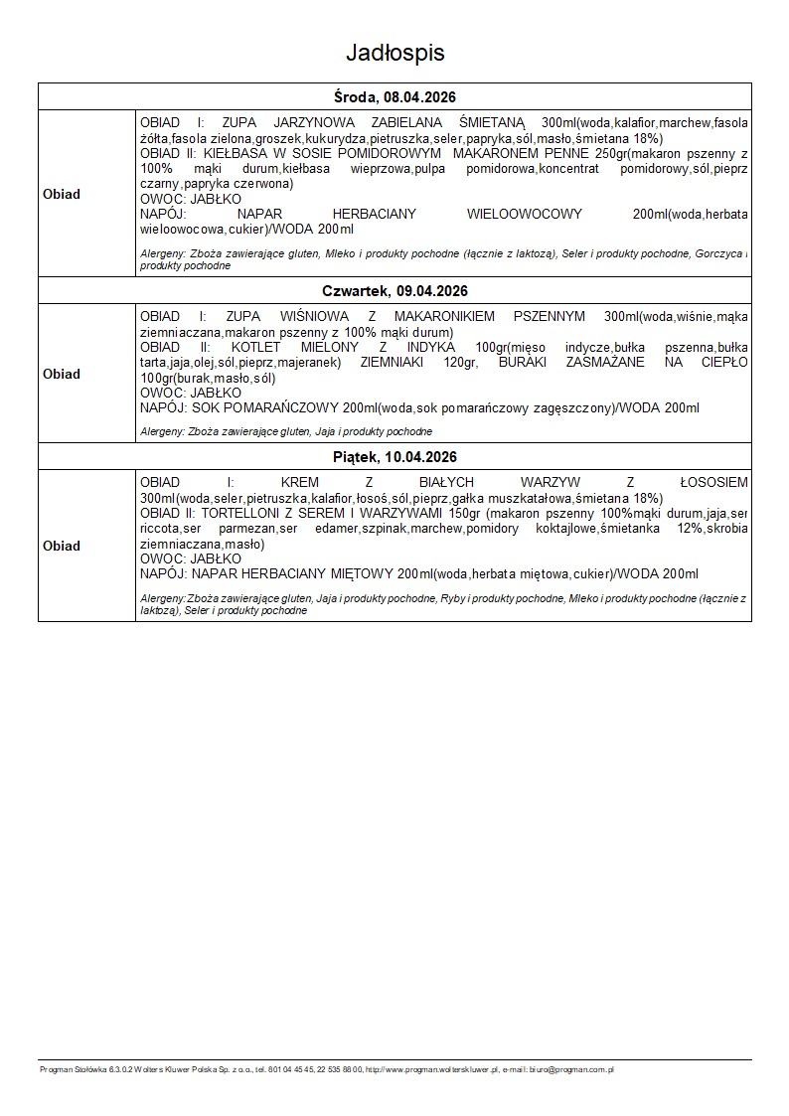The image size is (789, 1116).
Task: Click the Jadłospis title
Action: coord(394,52)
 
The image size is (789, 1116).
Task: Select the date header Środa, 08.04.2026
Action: coord(394,96)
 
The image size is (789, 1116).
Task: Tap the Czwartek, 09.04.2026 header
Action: coord(394,291)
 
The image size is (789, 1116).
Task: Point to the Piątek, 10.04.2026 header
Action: coord(394,457)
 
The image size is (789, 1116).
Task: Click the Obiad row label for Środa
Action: coord(62,194)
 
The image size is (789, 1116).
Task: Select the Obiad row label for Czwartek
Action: coord(62,374)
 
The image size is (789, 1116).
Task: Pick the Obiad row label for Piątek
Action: coord(62,546)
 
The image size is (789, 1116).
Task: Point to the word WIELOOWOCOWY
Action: coord(524,214)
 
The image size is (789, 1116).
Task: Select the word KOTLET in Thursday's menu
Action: coord(255,348)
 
